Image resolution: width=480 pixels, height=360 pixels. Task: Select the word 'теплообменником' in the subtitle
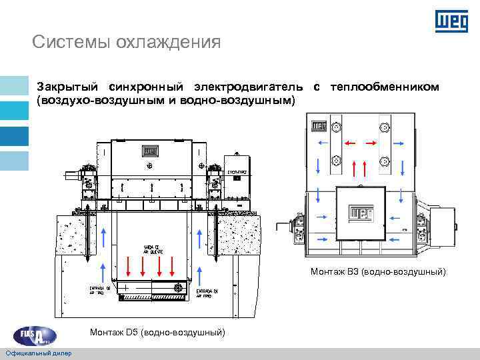point(385,87)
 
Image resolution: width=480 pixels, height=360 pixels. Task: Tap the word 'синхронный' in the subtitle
point(145,87)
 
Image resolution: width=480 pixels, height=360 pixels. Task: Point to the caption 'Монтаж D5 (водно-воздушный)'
point(157,332)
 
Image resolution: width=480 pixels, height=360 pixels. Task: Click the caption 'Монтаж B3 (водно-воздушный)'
point(378,271)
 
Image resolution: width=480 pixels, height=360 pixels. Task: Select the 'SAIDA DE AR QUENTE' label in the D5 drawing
point(155,249)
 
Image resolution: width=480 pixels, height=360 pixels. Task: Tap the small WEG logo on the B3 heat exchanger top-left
point(317,125)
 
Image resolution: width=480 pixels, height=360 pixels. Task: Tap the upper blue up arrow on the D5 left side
point(103,237)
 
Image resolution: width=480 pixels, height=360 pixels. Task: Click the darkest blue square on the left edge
point(14,136)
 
